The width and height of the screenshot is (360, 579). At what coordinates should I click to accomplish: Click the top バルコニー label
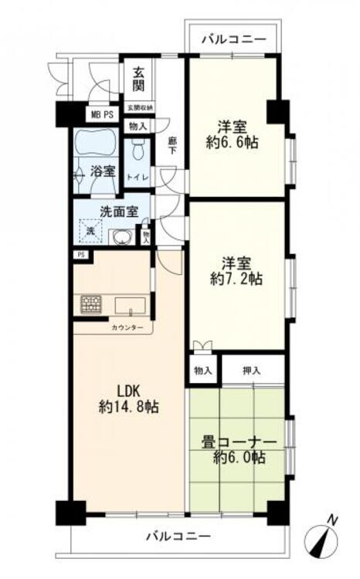tap(233, 39)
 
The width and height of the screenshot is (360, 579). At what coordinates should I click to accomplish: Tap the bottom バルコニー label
tap(178, 536)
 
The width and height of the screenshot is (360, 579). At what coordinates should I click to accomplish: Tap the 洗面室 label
tap(117, 211)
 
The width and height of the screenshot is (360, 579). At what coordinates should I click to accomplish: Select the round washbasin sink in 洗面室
tap(120, 237)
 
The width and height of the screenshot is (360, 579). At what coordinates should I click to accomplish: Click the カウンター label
tap(127, 328)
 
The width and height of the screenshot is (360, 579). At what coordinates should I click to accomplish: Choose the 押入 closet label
tap(252, 371)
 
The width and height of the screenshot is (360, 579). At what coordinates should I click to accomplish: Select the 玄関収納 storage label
tap(140, 107)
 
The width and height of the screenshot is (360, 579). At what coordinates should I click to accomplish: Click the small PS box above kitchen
tap(80, 255)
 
